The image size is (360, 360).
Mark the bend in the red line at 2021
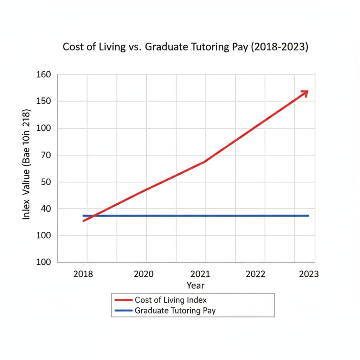205,161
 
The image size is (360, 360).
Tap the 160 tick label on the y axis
43,75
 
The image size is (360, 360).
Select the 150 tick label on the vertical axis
43,102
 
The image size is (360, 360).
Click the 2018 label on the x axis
83,274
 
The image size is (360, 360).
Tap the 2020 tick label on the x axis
144,274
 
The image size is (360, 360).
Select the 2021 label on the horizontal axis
200,274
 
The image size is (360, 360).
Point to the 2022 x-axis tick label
256,274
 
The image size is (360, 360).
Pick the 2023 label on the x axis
309,274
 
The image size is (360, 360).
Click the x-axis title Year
195,285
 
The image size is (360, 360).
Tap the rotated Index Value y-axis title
27,165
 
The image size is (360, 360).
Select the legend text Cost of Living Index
171,300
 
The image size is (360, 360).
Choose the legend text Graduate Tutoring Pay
175,310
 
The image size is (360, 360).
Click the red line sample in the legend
124,300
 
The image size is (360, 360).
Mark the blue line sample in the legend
124,311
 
